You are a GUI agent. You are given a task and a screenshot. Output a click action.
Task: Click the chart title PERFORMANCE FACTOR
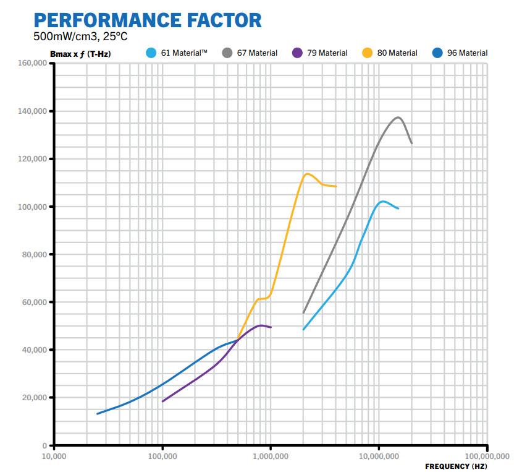[x=148, y=20]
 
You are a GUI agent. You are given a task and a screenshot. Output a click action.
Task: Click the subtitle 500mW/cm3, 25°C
[x=80, y=36]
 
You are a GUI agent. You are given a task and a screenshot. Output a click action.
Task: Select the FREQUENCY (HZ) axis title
[x=456, y=465]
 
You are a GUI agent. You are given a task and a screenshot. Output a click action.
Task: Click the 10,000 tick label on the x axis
[x=54, y=456]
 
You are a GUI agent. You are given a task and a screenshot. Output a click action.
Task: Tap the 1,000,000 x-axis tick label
[x=271, y=456]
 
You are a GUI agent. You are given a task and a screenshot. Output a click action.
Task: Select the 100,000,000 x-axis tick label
[x=487, y=456]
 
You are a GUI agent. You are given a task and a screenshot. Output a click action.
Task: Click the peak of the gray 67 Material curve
[x=398, y=117]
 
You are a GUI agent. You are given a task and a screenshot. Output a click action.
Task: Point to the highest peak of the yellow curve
[x=307, y=173]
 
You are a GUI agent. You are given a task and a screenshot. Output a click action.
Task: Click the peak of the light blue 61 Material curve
[x=383, y=201]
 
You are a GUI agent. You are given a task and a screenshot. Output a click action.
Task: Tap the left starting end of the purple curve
[x=162, y=401]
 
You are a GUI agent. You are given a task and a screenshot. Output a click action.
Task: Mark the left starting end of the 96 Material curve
[x=97, y=414]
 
